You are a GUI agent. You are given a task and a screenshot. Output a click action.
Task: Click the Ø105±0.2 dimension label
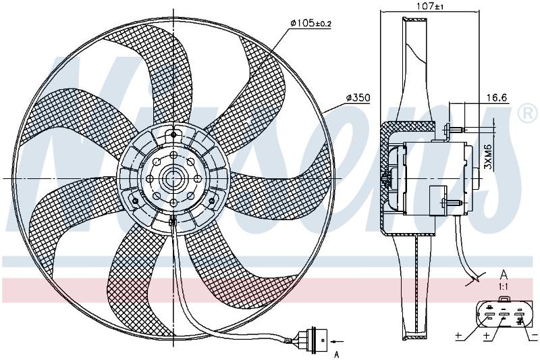tap(310, 24)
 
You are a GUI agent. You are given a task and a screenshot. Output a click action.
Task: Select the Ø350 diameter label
tap(358, 98)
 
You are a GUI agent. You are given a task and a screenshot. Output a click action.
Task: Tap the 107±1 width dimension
tap(429, 6)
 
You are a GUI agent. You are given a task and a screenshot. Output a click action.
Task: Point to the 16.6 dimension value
tap(497, 98)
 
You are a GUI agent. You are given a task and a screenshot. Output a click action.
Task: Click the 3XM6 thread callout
tap(487, 157)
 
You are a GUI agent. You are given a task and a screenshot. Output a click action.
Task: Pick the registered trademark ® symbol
tap(527, 113)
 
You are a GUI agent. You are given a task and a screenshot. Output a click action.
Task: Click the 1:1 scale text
tap(504, 286)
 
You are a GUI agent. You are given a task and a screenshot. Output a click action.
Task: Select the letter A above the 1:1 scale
tap(504, 275)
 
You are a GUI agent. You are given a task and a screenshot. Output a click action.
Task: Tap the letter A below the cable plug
tap(337, 354)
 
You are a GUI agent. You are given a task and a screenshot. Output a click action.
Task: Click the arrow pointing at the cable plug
tap(337, 341)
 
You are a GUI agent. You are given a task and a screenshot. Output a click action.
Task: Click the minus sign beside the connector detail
tap(535, 335)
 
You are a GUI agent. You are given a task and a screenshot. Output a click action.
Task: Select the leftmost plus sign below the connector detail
tap(458, 335)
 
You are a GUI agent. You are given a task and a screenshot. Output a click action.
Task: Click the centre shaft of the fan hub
tap(173, 178)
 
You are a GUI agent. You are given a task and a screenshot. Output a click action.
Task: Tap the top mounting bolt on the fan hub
tap(173, 134)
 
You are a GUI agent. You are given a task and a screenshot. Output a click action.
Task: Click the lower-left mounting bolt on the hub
tap(136, 201)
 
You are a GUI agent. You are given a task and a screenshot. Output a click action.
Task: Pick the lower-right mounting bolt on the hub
tap(211, 201)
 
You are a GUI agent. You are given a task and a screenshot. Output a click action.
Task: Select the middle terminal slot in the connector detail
tap(504, 315)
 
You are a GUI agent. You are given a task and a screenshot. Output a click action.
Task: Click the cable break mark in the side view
tap(477, 278)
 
